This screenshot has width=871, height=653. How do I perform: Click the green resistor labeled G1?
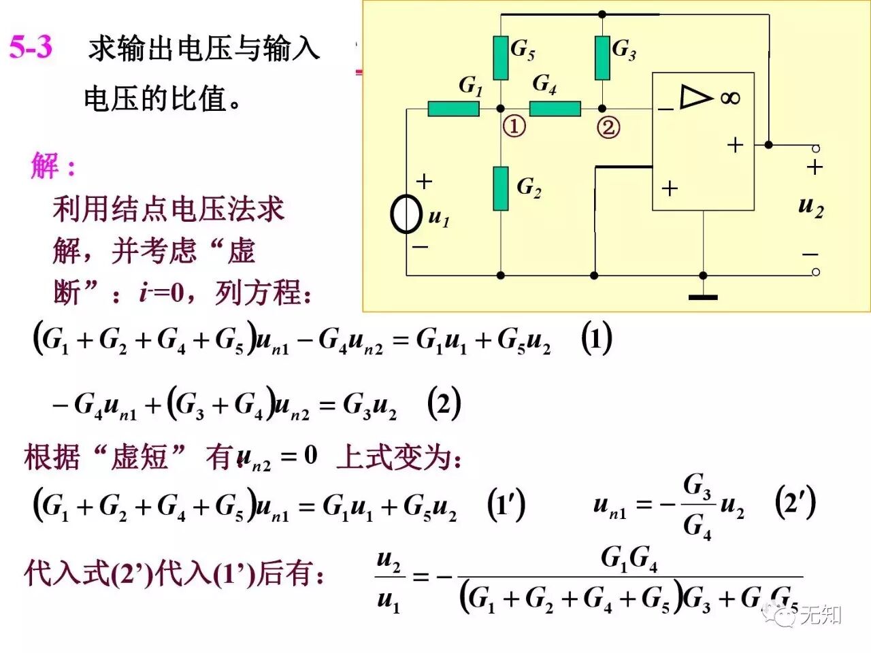tap(453, 108)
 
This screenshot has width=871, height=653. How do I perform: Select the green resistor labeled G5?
tap(501, 58)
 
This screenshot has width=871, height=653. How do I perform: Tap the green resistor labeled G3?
tap(602, 58)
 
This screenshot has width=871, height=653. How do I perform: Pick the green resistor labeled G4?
tap(555, 108)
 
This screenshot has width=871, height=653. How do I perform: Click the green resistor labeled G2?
tap(501, 188)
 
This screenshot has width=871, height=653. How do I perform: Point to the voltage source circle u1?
tap(406, 214)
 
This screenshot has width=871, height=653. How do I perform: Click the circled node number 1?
tap(514, 127)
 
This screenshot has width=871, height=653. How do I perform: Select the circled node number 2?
tap(608, 127)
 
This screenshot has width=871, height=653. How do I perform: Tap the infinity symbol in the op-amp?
tap(730, 98)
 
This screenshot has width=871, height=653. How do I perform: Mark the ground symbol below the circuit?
tap(703, 297)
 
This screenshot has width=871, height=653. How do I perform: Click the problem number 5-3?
tap(31, 47)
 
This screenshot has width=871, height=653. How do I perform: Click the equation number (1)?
tap(597, 338)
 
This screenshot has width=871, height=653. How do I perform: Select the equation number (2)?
tap(444, 404)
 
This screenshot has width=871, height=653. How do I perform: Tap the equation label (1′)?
tap(506, 505)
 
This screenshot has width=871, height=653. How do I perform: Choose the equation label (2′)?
tap(795, 503)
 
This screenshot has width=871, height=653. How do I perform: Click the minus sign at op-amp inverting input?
tap(665, 109)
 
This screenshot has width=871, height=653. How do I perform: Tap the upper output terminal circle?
tap(816, 148)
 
